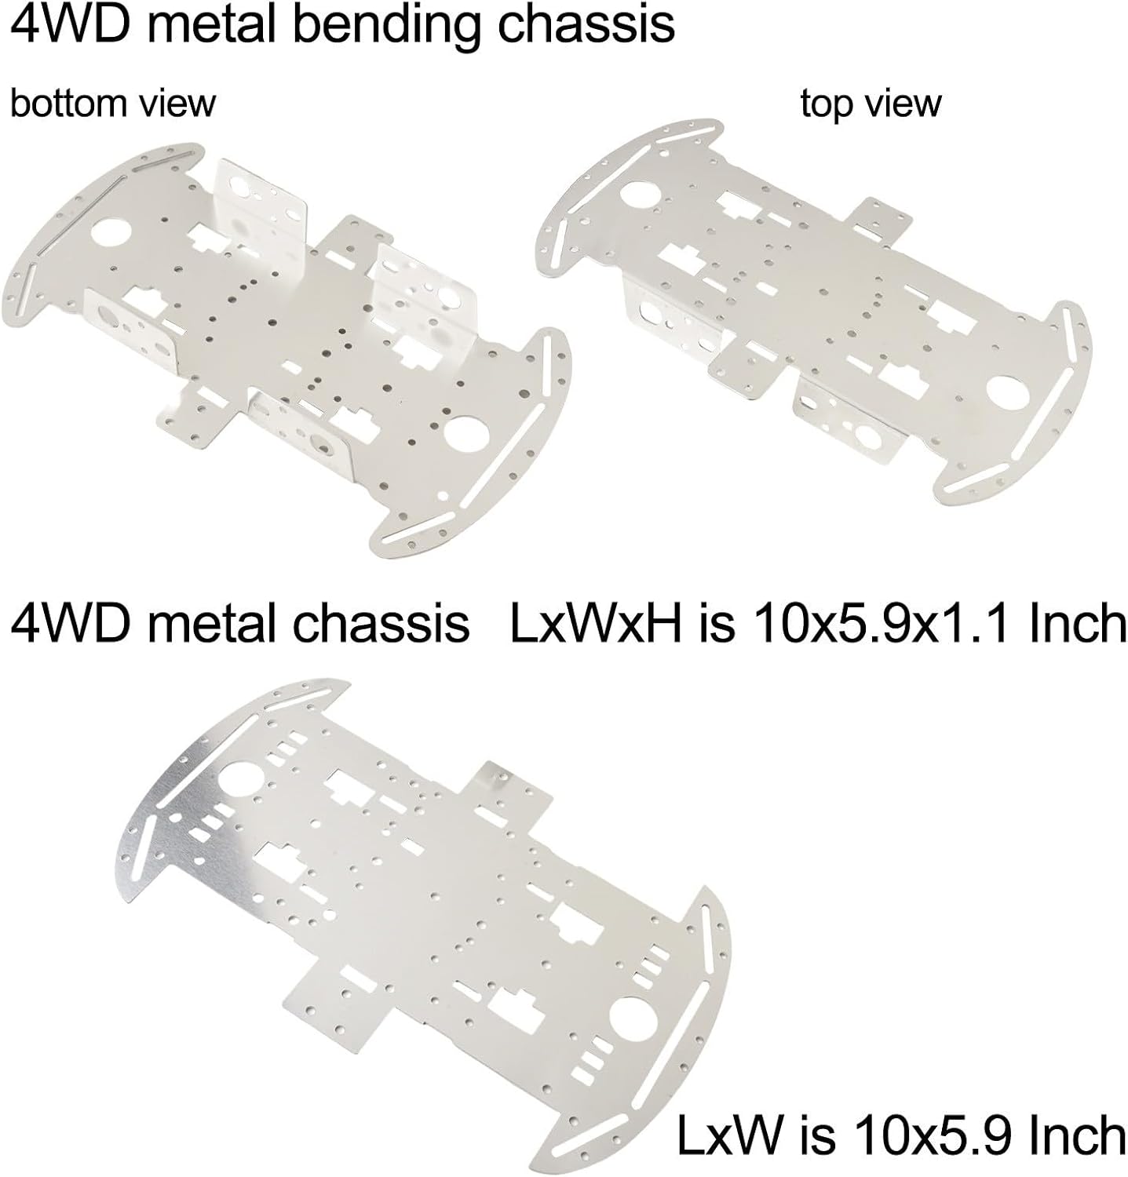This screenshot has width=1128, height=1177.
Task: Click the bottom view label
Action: click(x=112, y=104)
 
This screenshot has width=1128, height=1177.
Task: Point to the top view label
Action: click(x=871, y=104)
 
